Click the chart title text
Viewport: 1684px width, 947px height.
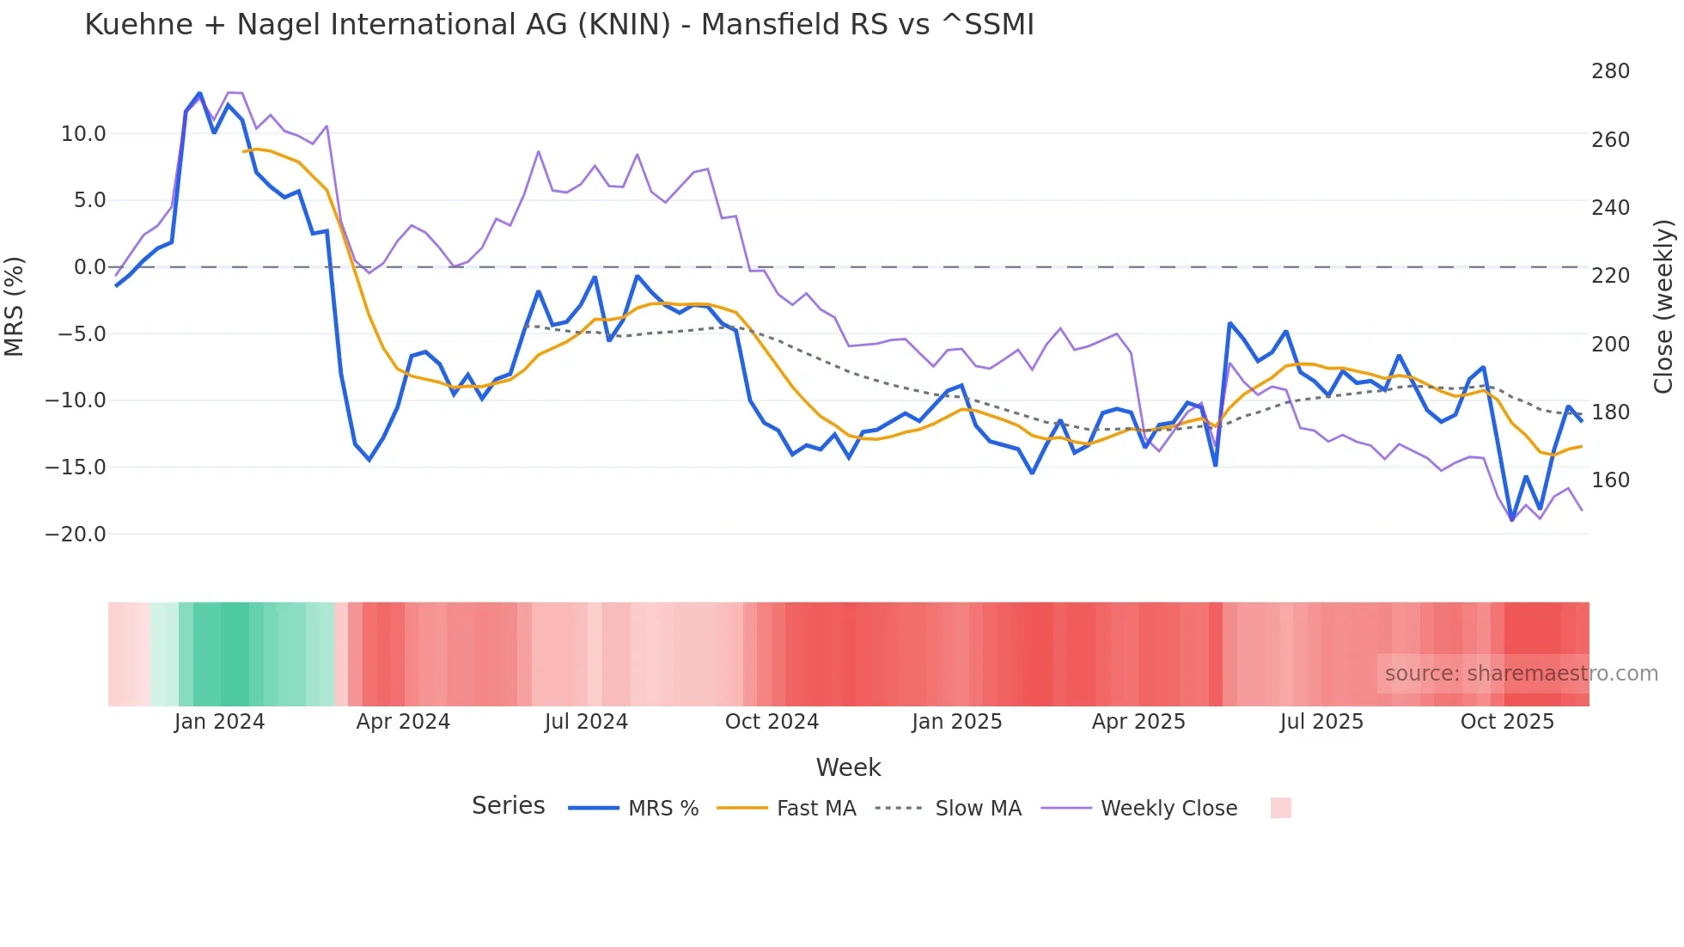(558, 25)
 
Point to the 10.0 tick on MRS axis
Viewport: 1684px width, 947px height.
(83, 134)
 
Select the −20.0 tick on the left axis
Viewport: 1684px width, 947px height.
(76, 535)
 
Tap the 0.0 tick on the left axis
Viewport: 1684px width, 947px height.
(89, 267)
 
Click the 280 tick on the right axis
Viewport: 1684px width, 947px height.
(1610, 71)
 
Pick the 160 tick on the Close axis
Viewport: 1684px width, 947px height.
(1610, 480)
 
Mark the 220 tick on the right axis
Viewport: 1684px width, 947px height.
(1610, 276)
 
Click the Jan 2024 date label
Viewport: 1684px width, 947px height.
(219, 722)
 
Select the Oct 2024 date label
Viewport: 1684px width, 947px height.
(772, 722)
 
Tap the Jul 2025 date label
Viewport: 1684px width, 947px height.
(1321, 722)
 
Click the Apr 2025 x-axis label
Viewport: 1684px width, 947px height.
(1138, 722)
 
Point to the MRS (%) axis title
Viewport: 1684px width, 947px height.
(15, 307)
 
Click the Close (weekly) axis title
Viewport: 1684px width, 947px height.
(1663, 307)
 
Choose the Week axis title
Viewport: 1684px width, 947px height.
(848, 767)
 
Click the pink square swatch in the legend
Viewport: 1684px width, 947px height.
(1280, 808)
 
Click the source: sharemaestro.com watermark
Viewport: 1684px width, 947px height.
(1521, 674)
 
